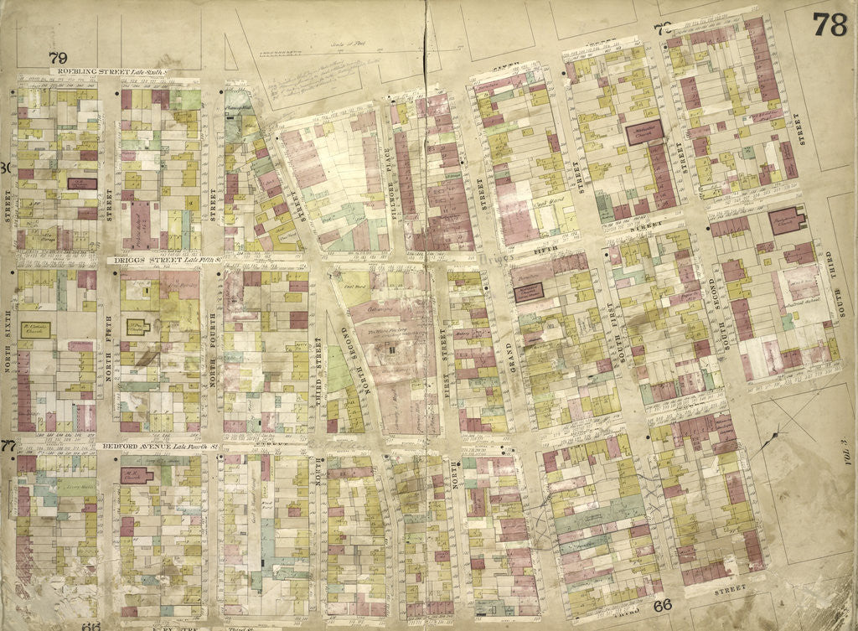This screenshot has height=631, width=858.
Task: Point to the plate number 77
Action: point(8,445)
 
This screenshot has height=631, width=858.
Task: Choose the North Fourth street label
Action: point(213,372)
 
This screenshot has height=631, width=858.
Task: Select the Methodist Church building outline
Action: point(643,132)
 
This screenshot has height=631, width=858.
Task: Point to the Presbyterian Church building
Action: point(786,220)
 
